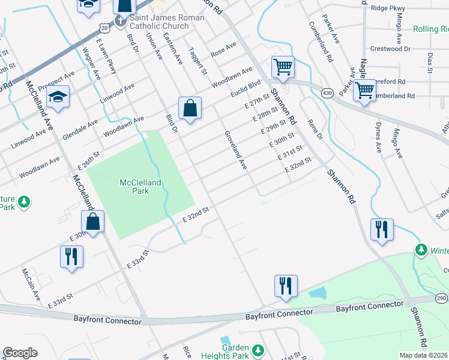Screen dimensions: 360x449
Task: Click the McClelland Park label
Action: click(x=142, y=186)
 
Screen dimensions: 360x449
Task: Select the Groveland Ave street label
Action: click(x=235, y=150)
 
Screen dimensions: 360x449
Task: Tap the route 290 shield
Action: click(x=441, y=299)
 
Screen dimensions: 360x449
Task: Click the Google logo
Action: click(x=20, y=353)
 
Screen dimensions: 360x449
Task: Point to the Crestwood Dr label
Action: click(x=391, y=48)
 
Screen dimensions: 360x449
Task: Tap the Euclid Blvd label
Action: click(x=246, y=88)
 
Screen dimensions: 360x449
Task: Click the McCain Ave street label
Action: click(x=31, y=284)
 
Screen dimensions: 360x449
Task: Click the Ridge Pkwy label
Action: click(x=388, y=8)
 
